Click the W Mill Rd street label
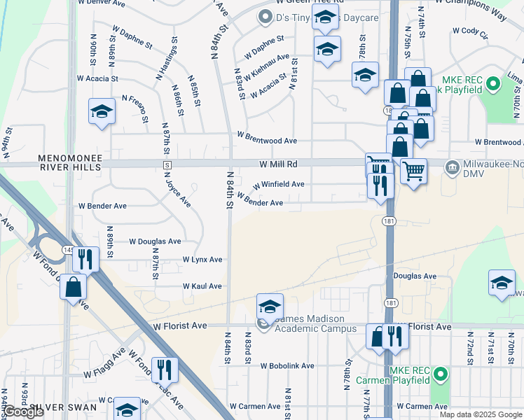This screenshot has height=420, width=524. (x=278, y=164)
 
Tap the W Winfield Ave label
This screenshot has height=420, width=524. (x=278, y=185)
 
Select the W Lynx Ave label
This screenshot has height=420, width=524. (x=202, y=260)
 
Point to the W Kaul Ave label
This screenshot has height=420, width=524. (x=202, y=286)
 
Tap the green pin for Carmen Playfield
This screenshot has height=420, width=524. (x=441, y=374)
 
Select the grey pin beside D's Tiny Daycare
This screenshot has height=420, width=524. (x=265, y=15)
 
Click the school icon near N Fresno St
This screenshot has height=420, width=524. (x=102, y=111)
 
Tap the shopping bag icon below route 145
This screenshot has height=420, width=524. (x=73, y=286)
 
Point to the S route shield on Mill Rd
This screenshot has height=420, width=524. (x=167, y=164)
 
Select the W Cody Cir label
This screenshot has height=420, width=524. (x=470, y=31)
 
